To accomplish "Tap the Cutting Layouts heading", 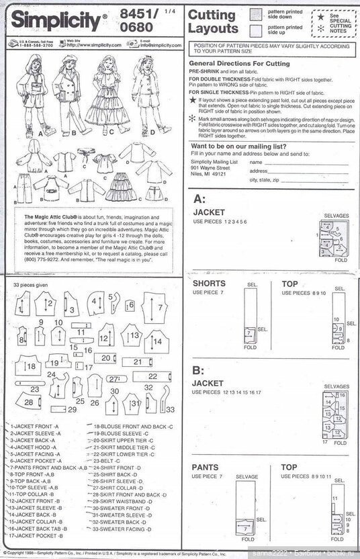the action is pyautogui.click(x=212, y=22).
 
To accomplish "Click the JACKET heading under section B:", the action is pyautogui.click(x=208, y=384).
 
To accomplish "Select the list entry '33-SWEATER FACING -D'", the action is pyautogui.click(x=125, y=529).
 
